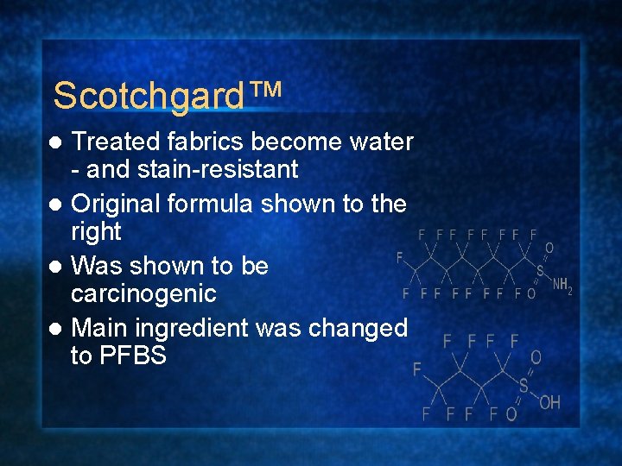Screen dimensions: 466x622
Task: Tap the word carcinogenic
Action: pyautogui.click(x=143, y=293)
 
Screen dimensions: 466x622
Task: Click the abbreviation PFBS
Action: pyautogui.click(x=131, y=356)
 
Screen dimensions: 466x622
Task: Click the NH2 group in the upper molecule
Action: pyautogui.click(x=562, y=285)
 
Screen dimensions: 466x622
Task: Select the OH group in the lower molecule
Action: pyautogui.click(x=549, y=402)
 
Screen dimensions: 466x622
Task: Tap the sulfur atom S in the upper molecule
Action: pyautogui.click(x=540, y=270)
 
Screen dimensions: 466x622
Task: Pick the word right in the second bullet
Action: pyautogui.click(x=96, y=231)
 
